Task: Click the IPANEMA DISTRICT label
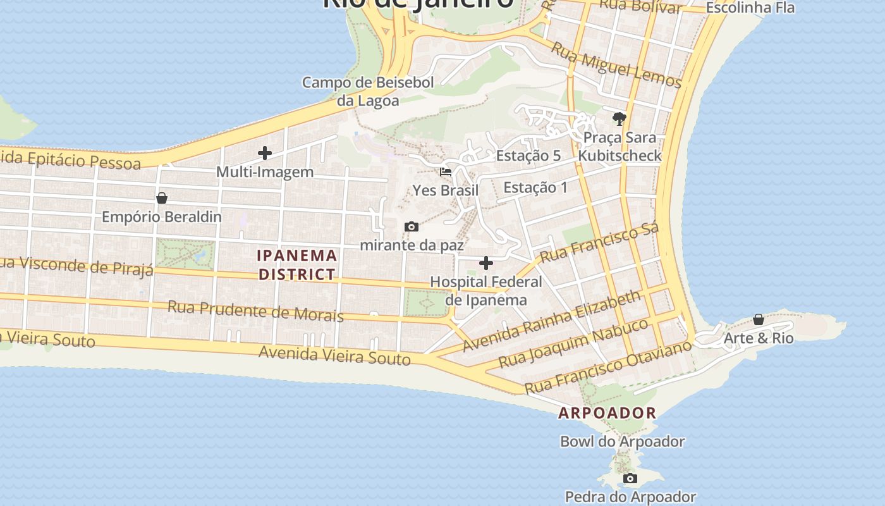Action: (x=297, y=265)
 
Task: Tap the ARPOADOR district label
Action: (x=607, y=413)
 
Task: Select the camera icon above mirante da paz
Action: (x=411, y=227)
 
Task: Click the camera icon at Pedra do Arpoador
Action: (x=630, y=479)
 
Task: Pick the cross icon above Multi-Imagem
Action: (x=265, y=153)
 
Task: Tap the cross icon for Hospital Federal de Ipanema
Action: (x=485, y=263)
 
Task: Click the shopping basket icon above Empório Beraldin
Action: (x=162, y=198)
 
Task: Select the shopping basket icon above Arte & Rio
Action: (x=758, y=319)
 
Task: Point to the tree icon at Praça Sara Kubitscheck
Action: (x=619, y=118)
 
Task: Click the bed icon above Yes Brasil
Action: (x=446, y=171)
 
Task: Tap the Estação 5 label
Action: (x=528, y=156)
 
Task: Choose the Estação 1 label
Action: (x=535, y=187)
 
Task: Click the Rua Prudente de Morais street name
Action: (x=255, y=311)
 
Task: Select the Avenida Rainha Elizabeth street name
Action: (x=551, y=321)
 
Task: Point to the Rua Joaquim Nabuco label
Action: (x=573, y=343)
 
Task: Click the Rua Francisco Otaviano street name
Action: (x=608, y=367)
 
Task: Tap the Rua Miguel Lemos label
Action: (x=616, y=65)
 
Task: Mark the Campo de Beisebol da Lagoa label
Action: (x=368, y=92)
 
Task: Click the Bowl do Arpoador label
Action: (x=622, y=441)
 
